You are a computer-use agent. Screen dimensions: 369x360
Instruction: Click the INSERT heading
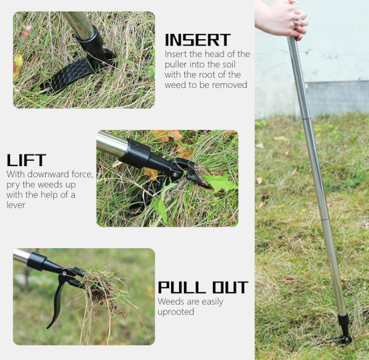click(x=198, y=40)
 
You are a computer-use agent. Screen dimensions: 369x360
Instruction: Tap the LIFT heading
click(x=26, y=160)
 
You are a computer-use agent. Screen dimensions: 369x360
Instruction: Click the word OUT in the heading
click(x=230, y=287)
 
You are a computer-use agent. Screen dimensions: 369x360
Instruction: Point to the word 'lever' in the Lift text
click(x=16, y=205)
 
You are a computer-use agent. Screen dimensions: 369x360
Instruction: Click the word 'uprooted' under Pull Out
click(x=176, y=312)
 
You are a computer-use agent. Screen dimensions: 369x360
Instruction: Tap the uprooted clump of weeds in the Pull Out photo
click(x=101, y=292)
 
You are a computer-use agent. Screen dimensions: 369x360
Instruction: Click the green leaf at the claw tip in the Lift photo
click(x=220, y=182)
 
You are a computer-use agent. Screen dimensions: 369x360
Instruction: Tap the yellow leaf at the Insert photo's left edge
click(x=18, y=66)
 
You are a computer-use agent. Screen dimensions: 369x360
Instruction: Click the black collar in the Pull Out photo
click(x=37, y=261)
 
